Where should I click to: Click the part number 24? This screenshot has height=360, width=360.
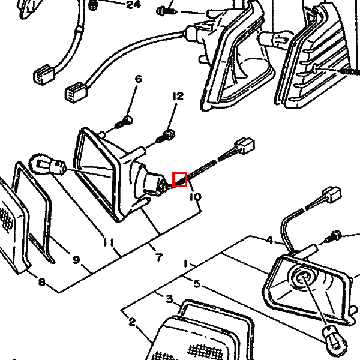tap(134, 4)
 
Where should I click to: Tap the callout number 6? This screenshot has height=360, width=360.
tap(138, 79)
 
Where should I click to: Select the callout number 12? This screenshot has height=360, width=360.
tap(178, 97)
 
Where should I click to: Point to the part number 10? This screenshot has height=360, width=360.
tap(196, 197)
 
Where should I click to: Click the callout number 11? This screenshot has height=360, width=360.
tap(109, 242)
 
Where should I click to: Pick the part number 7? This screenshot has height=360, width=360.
tap(159, 257)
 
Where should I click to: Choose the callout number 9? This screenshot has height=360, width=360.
tap(76, 260)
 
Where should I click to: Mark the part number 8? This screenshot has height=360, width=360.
tap(41, 282)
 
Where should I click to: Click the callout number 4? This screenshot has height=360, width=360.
tap(270, 241)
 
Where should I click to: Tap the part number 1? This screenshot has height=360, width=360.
tap(186, 264)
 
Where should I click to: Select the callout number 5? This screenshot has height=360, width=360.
tap(197, 284)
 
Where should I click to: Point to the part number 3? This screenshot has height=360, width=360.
tap(169, 299)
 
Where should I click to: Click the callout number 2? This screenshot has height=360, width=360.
tap(132, 322)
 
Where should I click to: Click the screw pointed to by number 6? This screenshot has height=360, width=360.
tap(124, 122)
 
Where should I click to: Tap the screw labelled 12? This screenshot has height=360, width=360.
tap(166, 136)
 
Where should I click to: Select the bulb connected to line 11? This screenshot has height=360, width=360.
tap(47, 164)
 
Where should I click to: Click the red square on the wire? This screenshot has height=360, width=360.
tap(180, 179)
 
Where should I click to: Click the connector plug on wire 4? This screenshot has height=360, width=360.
tap(332, 195)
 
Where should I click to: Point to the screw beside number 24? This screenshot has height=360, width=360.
tap(93, 6)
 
